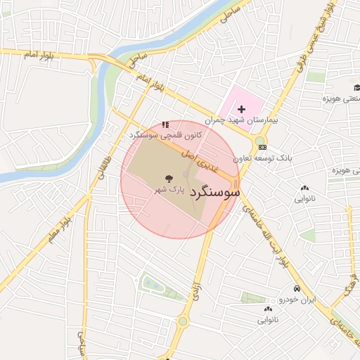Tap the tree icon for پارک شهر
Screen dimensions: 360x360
(168, 179)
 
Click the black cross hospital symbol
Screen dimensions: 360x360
(241, 109)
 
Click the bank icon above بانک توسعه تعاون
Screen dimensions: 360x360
(263, 147)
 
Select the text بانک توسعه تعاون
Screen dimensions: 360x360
(263, 158)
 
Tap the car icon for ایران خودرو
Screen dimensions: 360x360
(297, 289)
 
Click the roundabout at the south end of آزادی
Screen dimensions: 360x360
(183, 321)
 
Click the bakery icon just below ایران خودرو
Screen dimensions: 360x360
(268, 309)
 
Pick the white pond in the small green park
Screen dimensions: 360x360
(150, 284)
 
